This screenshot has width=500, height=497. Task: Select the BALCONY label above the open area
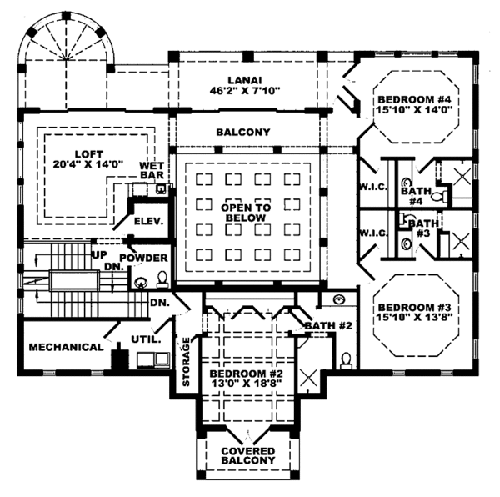(x=242, y=133)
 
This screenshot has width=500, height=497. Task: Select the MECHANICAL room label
(x=65, y=346)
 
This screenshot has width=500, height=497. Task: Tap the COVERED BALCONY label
(x=247, y=455)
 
